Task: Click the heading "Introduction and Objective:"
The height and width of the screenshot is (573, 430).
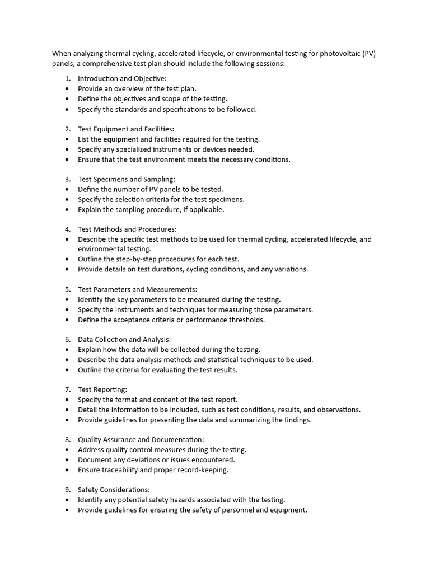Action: coord(122,79)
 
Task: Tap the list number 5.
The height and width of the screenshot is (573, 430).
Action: coord(67,289)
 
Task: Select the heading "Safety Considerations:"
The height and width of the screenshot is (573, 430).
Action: coord(114,490)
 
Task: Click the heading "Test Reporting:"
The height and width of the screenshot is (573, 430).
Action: coord(102,389)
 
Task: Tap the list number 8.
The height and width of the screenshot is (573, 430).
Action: coord(67,440)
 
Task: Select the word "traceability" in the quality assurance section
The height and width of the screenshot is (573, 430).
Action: coord(124,470)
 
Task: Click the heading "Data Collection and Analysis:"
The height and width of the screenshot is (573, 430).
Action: coord(124,339)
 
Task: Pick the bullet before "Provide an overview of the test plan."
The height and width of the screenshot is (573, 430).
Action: coord(67,89)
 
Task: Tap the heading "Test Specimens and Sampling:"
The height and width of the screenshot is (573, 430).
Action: coord(127,179)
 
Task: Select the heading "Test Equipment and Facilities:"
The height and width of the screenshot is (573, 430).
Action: coord(126,129)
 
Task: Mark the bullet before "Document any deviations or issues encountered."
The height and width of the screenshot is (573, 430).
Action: coord(67,460)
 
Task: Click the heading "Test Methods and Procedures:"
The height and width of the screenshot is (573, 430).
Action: coord(127,229)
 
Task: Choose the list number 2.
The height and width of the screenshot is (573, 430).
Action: coord(67,129)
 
